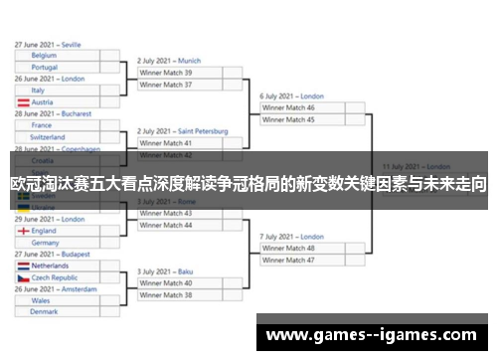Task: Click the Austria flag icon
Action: click(23, 101)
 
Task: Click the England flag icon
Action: click(23, 230)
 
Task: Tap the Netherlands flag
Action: click(23, 266)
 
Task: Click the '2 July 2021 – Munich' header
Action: click(169, 61)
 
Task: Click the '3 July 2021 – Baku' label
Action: click(165, 271)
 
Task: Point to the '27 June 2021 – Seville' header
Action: click(48, 45)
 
